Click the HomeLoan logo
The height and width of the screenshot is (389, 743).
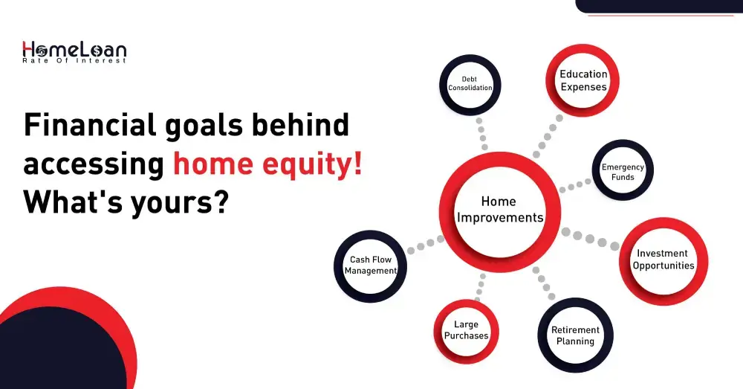74,51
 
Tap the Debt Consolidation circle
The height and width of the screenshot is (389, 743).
470,83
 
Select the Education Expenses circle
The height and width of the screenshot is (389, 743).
583,80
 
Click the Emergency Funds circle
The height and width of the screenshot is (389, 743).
623,172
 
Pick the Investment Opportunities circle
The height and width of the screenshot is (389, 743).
663,260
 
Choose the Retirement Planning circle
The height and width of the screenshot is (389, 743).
575,335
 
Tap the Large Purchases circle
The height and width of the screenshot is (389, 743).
466,330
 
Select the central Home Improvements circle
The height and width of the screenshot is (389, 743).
499,210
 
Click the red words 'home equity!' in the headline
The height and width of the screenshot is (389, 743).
268,163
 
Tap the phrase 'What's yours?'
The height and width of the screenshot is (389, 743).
125,202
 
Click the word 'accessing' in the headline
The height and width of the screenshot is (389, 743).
94,164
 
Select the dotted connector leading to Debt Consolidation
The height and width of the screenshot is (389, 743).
481,133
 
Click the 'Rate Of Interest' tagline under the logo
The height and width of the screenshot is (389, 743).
74,60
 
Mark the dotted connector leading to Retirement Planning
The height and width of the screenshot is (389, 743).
542,283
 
